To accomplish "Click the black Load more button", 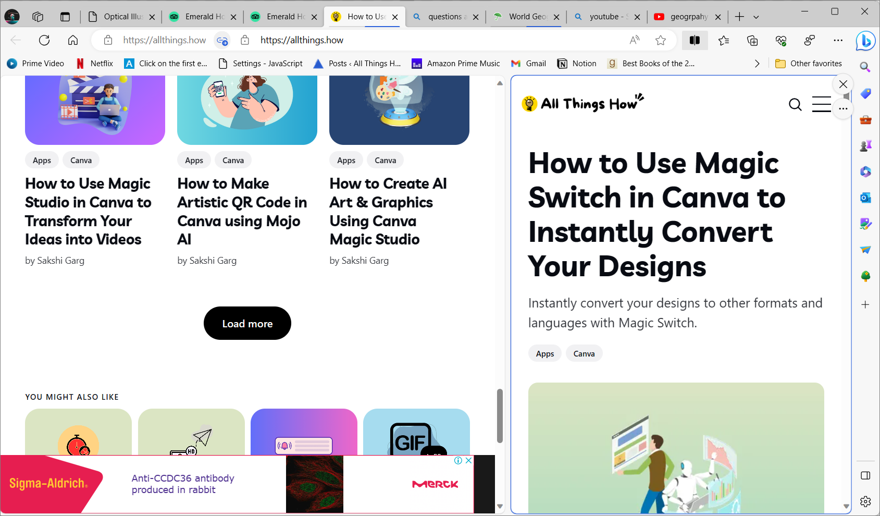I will click(x=247, y=323).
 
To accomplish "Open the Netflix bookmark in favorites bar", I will click(x=95, y=64).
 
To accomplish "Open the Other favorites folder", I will click(x=809, y=64).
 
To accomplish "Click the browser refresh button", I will click(x=44, y=40).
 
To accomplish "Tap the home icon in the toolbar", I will click(x=73, y=40).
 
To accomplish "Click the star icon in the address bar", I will click(x=661, y=40).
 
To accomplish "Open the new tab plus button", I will click(x=739, y=17).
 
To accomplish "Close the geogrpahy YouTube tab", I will click(x=718, y=17).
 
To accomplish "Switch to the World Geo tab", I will click(x=526, y=17).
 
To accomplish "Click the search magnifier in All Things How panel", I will click(x=795, y=105).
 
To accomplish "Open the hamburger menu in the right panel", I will click(x=822, y=104).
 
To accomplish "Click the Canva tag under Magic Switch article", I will click(x=584, y=353).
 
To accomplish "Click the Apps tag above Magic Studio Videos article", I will click(x=42, y=160).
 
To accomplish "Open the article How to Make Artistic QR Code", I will click(x=242, y=211).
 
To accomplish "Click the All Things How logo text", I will click(x=589, y=104).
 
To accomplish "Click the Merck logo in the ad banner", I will click(x=435, y=484).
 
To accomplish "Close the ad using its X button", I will click(x=468, y=460).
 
